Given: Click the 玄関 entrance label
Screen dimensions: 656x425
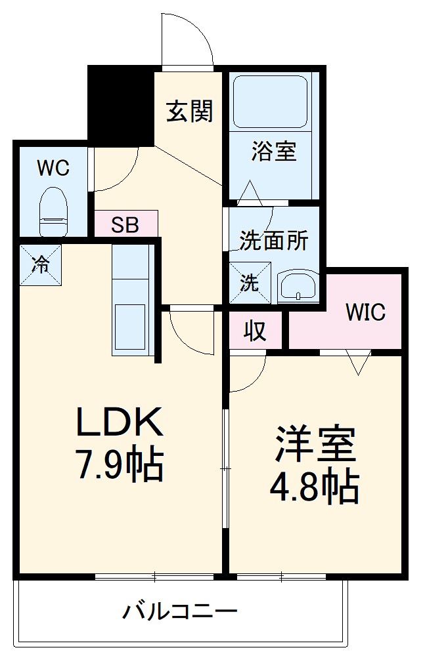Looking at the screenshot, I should [x=190, y=112].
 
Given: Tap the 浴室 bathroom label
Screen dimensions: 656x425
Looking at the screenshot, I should [x=274, y=152].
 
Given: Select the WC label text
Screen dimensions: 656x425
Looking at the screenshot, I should [x=53, y=169].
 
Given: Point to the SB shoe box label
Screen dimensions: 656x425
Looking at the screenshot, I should [x=125, y=224].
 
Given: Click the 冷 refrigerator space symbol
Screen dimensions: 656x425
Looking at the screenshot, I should [x=40, y=265].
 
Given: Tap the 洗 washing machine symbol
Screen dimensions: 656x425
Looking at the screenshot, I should [x=250, y=282].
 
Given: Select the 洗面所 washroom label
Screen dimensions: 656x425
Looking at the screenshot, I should [x=273, y=241].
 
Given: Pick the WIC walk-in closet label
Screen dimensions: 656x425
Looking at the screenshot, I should [x=366, y=312].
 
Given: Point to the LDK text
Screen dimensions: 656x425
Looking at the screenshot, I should [x=120, y=423].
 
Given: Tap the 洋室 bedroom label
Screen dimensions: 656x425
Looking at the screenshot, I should [x=315, y=445].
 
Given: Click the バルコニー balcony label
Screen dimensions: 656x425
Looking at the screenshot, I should [x=179, y=613].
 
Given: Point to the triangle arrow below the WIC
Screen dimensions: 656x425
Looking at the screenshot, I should [x=358, y=363].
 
